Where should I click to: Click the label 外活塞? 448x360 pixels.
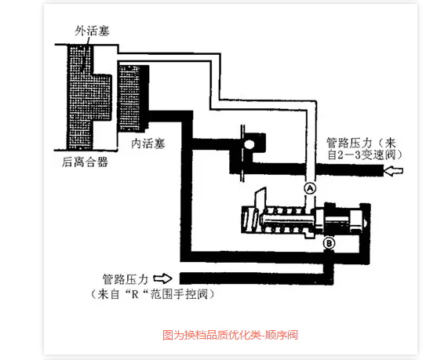click(92, 31)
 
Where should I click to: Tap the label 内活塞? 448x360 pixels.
click(148, 144)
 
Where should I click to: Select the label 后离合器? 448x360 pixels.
click(85, 162)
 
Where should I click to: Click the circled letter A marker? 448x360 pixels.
click(310, 188)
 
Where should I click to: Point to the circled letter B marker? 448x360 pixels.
click(329, 243)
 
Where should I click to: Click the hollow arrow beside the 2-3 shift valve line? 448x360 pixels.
click(393, 171)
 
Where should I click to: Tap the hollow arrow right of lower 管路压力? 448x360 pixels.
click(163, 278)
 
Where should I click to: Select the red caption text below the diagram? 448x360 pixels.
click(230, 335)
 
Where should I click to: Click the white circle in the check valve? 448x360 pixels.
click(249, 144)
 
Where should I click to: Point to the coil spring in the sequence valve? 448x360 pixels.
click(284, 220)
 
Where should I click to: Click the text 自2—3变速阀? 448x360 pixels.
click(365, 155)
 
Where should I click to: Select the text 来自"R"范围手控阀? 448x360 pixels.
click(152, 294)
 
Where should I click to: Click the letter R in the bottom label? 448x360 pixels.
click(134, 294)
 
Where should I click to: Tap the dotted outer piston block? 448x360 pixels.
click(89, 97)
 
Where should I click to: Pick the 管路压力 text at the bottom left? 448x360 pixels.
click(126, 279)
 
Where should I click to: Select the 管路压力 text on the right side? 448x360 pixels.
click(349, 143)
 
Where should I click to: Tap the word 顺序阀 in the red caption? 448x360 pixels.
click(282, 335)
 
